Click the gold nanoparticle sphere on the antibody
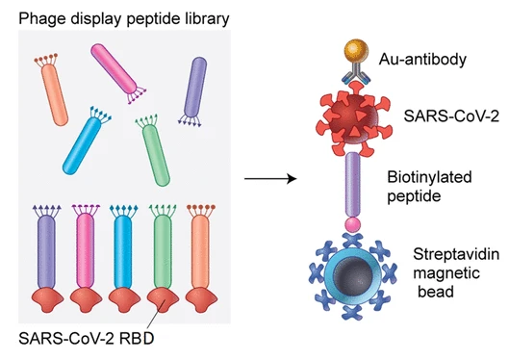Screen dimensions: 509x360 (356, 51)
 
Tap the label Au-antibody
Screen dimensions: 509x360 (422, 60)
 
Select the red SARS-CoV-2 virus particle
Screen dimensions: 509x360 (354, 119)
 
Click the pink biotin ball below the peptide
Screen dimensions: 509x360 (352, 224)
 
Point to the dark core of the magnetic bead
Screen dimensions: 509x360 (353, 277)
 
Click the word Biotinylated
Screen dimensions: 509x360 (429, 177)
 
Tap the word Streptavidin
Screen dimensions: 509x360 (456, 254)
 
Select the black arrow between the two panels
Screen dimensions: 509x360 (270, 178)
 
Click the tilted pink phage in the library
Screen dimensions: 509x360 (118, 74)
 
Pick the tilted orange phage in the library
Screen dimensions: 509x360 (52, 90)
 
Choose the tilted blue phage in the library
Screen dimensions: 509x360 (87, 141)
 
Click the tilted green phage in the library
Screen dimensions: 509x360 (153, 151)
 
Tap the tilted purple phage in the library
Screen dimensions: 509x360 (193, 91)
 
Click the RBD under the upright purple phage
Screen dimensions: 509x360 (47, 299)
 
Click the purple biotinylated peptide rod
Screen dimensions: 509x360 (352, 185)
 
